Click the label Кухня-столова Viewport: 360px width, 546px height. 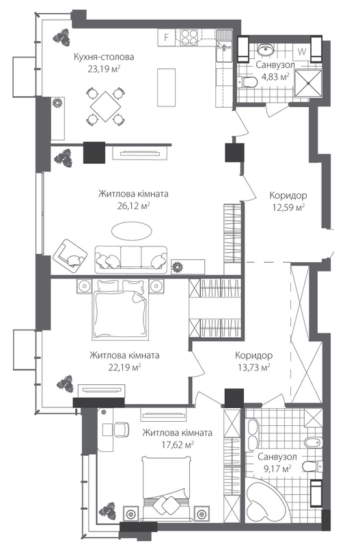click(x=105, y=57)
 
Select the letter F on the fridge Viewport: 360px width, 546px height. click(x=166, y=38)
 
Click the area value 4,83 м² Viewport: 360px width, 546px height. click(x=275, y=77)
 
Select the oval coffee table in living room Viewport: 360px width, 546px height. click(x=129, y=232)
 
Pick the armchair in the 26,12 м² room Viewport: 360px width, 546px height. click(x=72, y=255)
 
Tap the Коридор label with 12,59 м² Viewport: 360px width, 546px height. click(x=287, y=194)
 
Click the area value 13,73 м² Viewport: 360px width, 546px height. click(x=253, y=367)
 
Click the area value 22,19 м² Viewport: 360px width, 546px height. click(x=124, y=367)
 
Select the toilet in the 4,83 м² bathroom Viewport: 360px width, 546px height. click(x=249, y=82)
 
